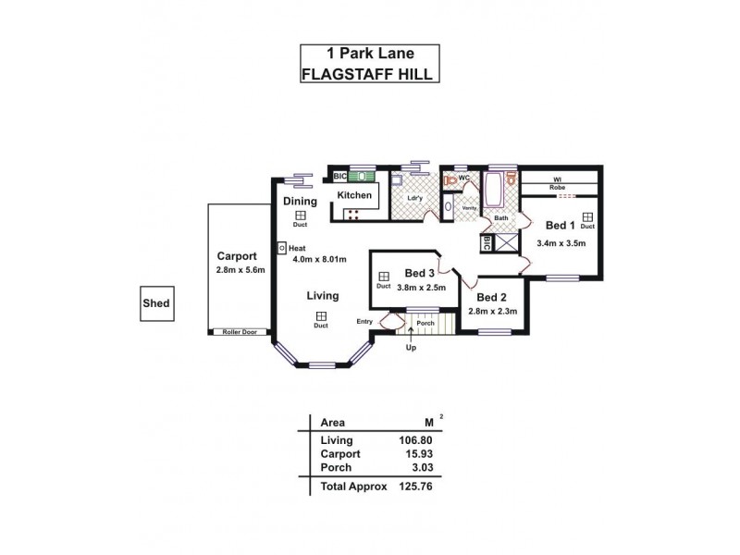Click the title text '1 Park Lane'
369,55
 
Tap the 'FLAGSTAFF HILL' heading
369,74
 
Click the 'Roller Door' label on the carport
239,332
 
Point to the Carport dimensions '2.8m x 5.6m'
240,270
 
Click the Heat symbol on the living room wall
282,248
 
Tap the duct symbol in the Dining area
300,215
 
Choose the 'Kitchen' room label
354,195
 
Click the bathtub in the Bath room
494,192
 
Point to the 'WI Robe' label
557,183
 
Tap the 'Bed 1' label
560,225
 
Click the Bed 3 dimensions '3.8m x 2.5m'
421,288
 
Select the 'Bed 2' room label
492,297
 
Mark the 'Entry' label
364,321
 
